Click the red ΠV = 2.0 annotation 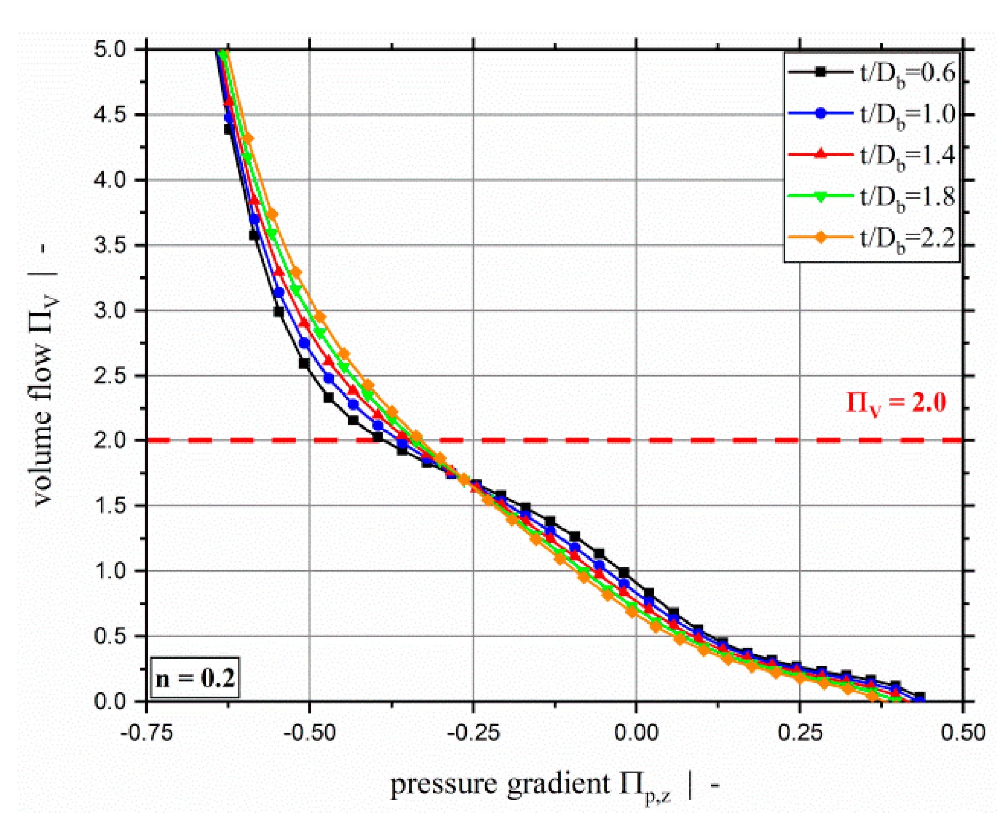tap(896, 403)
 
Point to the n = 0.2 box tap(195, 678)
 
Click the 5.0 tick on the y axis tap(110, 50)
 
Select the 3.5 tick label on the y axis tap(110, 245)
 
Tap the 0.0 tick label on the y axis tap(110, 701)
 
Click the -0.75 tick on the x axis tap(147, 733)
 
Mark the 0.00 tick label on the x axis tap(636, 733)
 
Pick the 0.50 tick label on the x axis tap(963, 733)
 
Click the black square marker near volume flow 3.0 tap(279, 311)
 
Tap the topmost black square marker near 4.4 tap(229, 129)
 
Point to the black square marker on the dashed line tap(378, 437)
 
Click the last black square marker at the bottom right tap(920, 697)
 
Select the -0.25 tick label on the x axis tap(473, 733)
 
